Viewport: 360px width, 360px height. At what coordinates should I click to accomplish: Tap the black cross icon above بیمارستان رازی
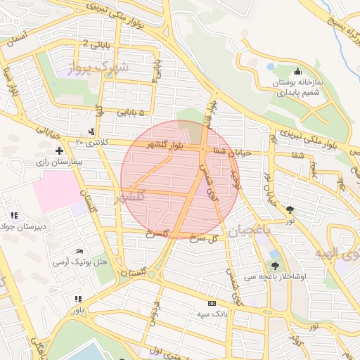coord(59,150)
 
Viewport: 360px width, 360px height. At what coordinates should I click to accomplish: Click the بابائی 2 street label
coord(96,44)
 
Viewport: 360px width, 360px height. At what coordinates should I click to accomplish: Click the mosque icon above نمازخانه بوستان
coord(297,70)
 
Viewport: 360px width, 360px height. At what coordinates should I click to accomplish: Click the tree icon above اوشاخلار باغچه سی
coord(274,265)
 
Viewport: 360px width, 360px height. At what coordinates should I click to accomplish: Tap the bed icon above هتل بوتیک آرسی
coord(79,251)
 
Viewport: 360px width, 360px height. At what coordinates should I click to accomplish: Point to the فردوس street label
coord(150,314)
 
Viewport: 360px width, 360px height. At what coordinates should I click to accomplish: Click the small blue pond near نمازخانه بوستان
coord(271,68)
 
